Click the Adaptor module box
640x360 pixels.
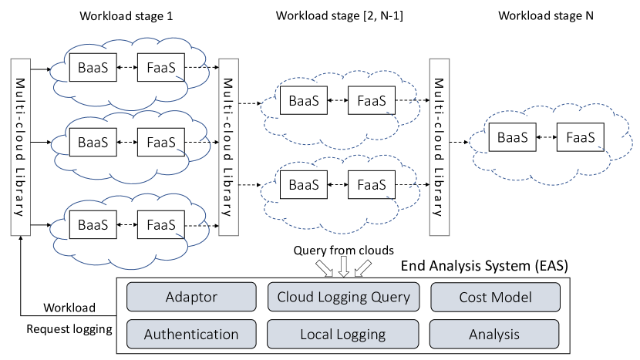[x=190, y=297]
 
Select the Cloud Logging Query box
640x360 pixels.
[x=342, y=297]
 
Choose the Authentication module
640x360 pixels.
[x=190, y=335]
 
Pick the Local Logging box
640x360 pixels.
[x=342, y=335]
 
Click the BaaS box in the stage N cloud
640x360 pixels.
[x=513, y=137]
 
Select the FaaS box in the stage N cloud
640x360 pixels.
[x=581, y=137]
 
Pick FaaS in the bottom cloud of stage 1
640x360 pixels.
[x=160, y=225]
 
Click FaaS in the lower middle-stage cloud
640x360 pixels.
[x=372, y=185]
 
